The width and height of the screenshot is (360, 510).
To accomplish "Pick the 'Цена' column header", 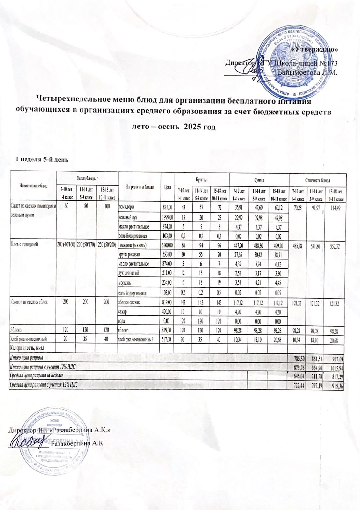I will [167, 187].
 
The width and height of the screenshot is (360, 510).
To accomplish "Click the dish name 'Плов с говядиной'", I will [25, 244].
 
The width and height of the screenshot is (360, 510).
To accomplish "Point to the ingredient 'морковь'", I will [125, 282].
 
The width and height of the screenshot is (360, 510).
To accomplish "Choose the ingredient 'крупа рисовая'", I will [129, 254].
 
